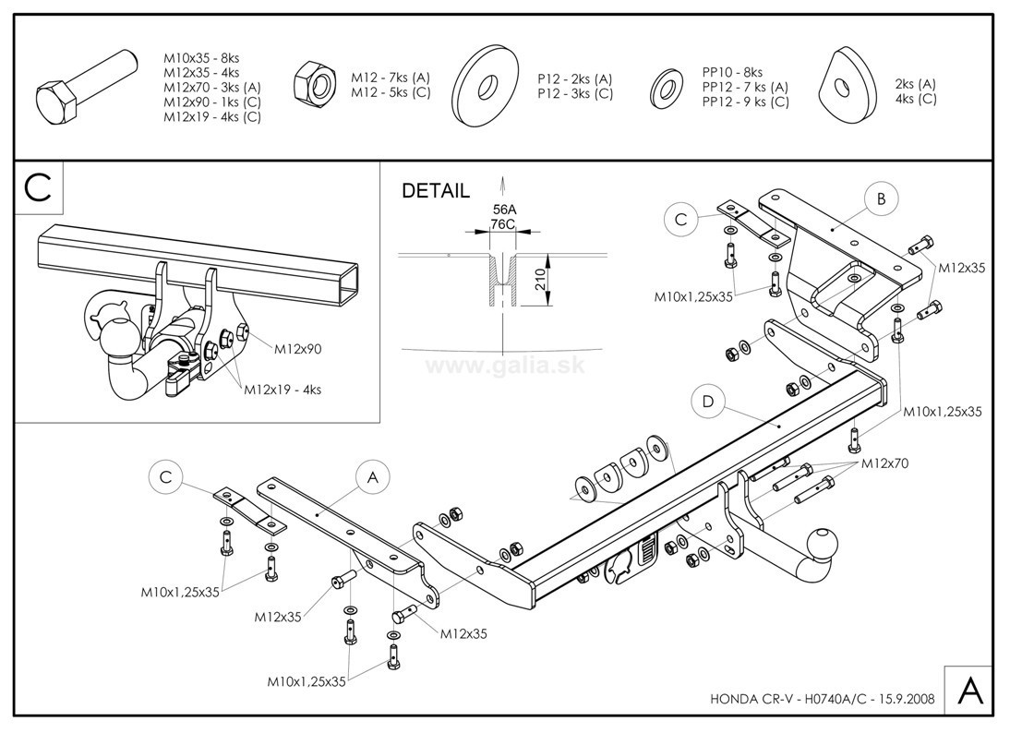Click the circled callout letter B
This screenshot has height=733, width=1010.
(x=882, y=198)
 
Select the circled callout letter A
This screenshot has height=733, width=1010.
(x=373, y=477)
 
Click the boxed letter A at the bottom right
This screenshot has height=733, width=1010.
(x=968, y=690)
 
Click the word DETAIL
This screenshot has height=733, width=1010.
(x=435, y=191)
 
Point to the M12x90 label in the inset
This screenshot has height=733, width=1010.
(x=297, y=349)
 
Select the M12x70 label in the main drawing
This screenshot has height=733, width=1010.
(x=884, y=463)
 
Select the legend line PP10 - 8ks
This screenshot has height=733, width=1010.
(x=732, y=72)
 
